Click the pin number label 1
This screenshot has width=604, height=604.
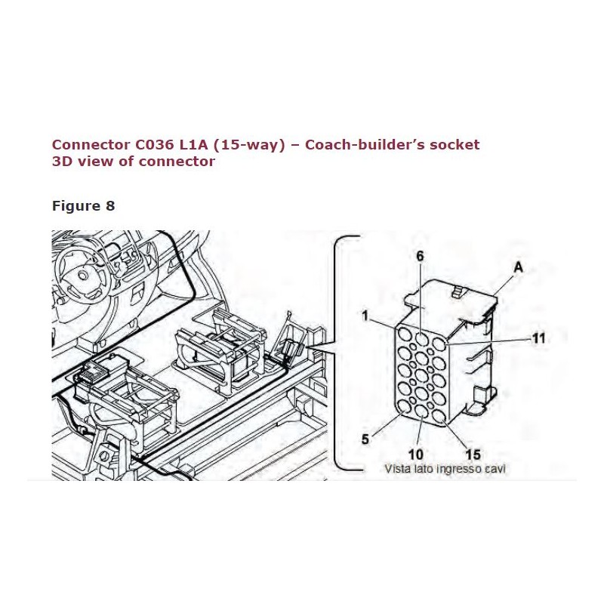[x=365, y=316]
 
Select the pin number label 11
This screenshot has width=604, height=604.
[x=538, y=339]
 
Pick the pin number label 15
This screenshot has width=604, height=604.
[x=473, y=454]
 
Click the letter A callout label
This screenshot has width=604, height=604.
[x=518, y=267]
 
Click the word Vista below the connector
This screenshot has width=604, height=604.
[x=399, y=469]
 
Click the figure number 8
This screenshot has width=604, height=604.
[x=110, y=206]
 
